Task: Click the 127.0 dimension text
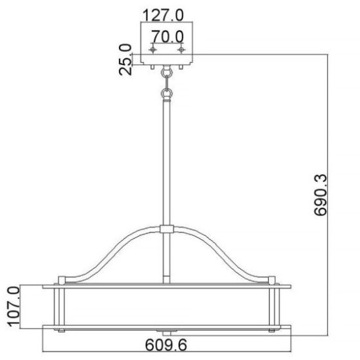click(x=163, y=15)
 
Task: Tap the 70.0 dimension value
click(x=168, y=37)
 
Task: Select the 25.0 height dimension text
click(x=125, y=60)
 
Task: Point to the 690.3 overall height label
click(x=320, y=195)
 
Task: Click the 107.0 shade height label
click(x=14, y=306)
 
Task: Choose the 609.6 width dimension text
click(x=166, y=345)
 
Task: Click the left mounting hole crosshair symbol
click(x=152, y=49)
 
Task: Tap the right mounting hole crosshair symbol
click(x=181, y=49)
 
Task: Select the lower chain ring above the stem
click(x=166, y=94)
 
